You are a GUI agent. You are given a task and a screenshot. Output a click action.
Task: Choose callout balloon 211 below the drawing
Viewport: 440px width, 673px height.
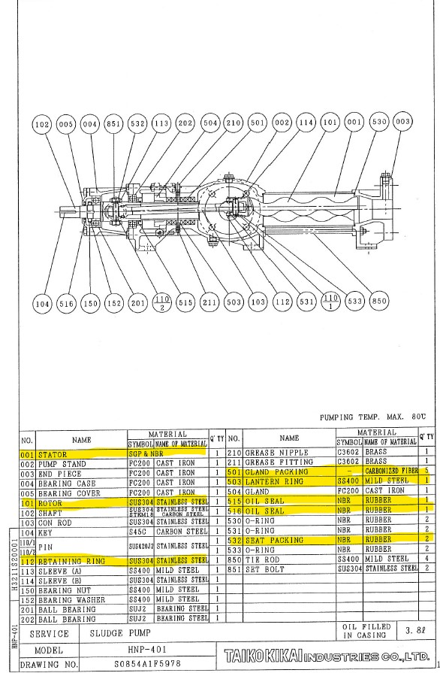[x=210, y=303]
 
